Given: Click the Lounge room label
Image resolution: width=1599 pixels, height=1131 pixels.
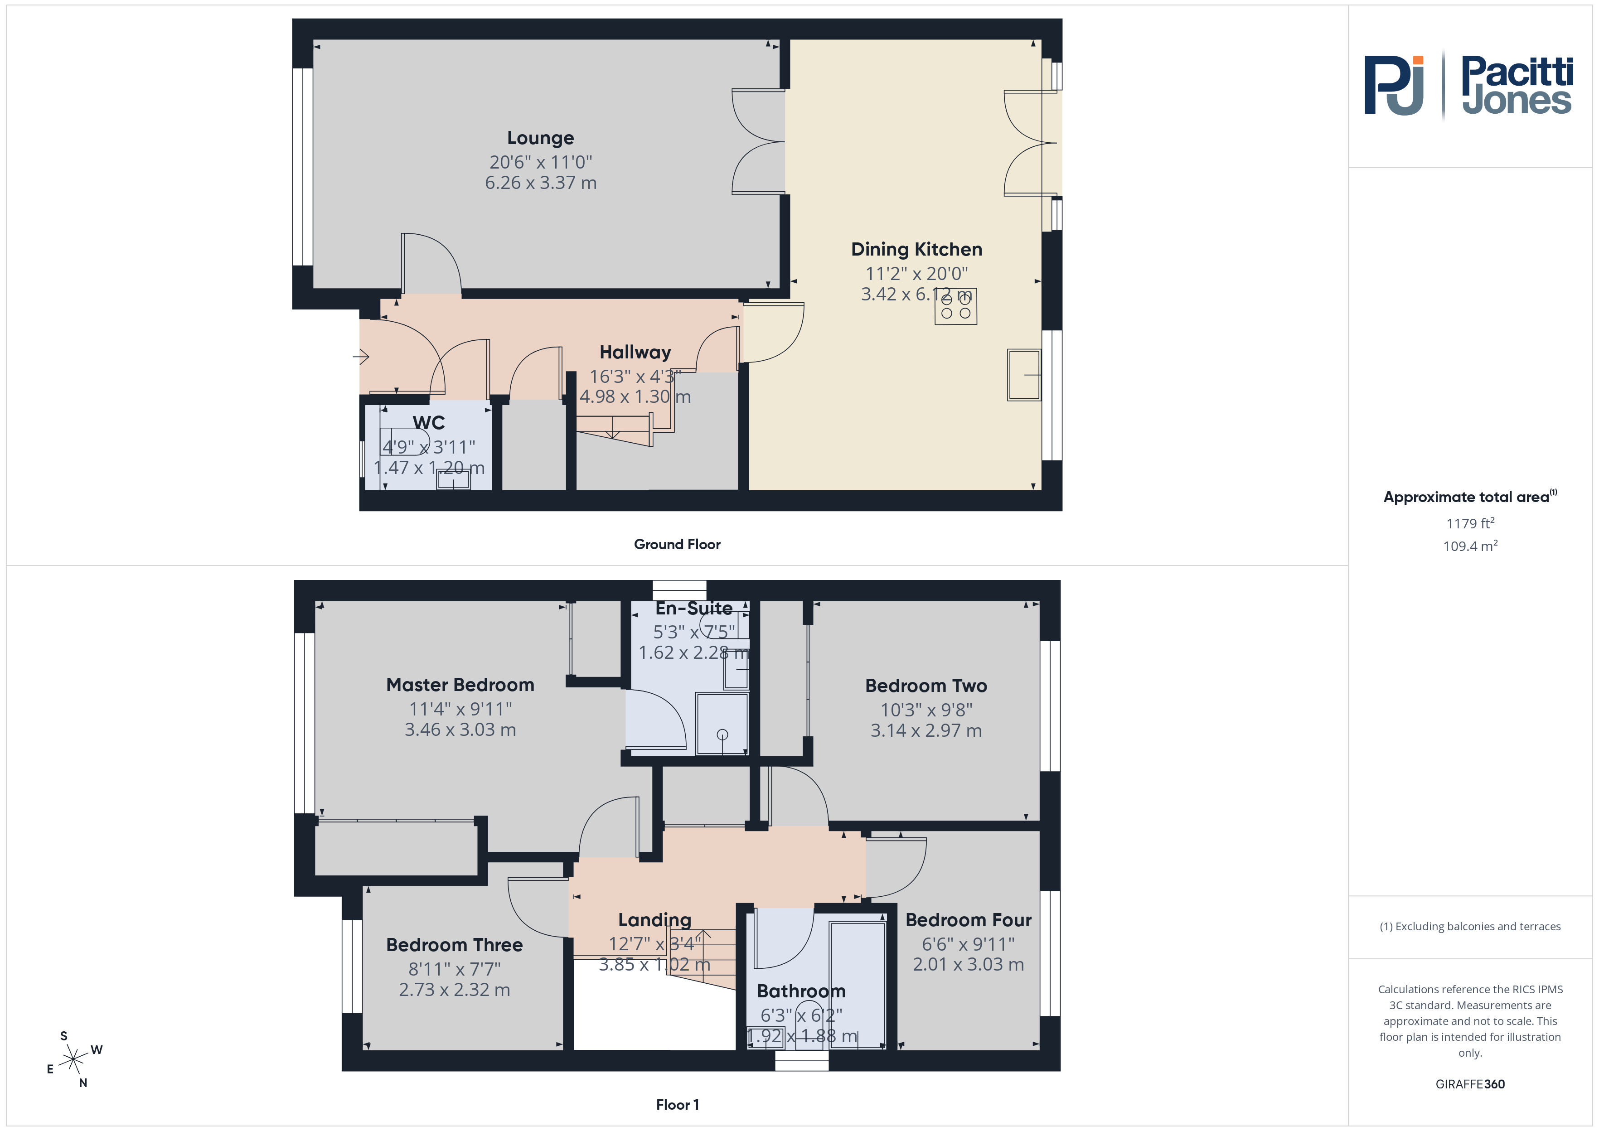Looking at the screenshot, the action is click(x=540, y=138).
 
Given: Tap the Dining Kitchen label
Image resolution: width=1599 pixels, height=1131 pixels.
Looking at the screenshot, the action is click(x=916, y=249).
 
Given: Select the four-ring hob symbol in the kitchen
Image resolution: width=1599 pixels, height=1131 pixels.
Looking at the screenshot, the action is click(x=955, y=306).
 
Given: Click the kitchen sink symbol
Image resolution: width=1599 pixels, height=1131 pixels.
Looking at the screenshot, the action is click(x=1024, y=375).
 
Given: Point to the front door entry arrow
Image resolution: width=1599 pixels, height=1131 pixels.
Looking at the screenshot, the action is click(x=361, y=357).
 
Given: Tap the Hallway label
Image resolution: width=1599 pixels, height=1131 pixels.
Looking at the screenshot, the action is click(x=635, y=353).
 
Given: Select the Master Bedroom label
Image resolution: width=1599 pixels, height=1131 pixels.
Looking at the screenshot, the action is click(x=460, y=685).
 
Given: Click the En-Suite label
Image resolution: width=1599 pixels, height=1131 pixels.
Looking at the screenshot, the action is click(x=693, y=608).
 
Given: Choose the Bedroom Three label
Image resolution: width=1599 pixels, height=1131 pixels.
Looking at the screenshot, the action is click(x=454, y=945).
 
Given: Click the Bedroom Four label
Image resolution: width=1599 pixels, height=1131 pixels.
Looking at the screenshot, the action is click(x=969, y=920).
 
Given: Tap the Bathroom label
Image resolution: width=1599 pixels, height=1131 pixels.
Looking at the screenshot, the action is click(x=801, y=991).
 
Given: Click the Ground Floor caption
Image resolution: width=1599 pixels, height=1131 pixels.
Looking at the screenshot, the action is click(x=677, y=545).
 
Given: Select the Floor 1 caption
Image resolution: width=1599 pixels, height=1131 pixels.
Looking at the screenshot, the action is click(x=677, y=1105).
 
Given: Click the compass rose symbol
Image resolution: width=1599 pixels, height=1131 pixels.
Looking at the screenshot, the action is click(x=73, y=1060).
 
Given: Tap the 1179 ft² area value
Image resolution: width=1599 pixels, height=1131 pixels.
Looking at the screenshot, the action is click(x=1470, y=523).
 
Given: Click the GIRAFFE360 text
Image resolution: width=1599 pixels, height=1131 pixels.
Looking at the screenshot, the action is click(x=1470, y=1084).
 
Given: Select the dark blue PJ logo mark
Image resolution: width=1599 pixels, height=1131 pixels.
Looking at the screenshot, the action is click(x=1394, y=85).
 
